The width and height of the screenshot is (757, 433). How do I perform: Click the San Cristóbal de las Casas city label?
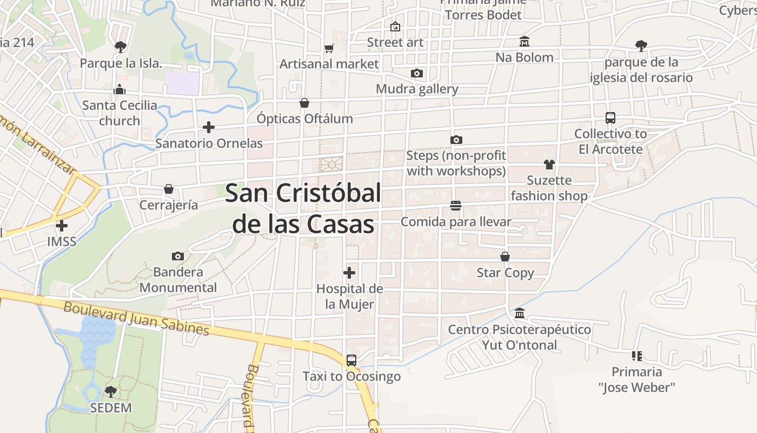tap(303, 208)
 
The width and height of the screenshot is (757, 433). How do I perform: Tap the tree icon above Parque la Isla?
tap(120, 47)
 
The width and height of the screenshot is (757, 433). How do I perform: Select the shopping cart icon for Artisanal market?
tap(329, 48)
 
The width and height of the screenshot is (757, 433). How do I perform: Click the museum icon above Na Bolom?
tap(524, 41)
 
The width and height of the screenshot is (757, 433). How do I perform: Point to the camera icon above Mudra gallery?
tap(416, 73)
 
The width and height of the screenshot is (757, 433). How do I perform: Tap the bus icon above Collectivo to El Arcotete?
tap(610, 117)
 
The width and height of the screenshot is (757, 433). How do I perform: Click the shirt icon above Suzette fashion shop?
tap(549, 164)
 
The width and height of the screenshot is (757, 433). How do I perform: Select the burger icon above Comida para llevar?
tap(455, 206)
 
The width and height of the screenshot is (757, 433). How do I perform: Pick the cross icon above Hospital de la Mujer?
tap(349, 272)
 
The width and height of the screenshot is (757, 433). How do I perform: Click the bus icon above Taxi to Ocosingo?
tap(351, 360)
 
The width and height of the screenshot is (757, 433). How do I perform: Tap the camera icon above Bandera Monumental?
tap(177, 256)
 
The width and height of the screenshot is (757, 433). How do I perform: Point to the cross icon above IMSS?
tap(62, 225)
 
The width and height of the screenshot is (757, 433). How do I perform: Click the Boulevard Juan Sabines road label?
tap(136, 318)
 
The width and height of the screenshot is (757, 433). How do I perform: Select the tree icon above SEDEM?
tap(110, 391)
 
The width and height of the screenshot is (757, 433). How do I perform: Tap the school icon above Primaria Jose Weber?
tap(636, 356)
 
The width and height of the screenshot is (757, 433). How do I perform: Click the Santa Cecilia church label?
tap(119, 113)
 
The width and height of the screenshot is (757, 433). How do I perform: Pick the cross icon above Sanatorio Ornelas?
tap(208, 127)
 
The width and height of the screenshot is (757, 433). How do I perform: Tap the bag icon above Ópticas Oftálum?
tap(304, 102)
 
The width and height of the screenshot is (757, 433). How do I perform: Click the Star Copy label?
tap(505, 273)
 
